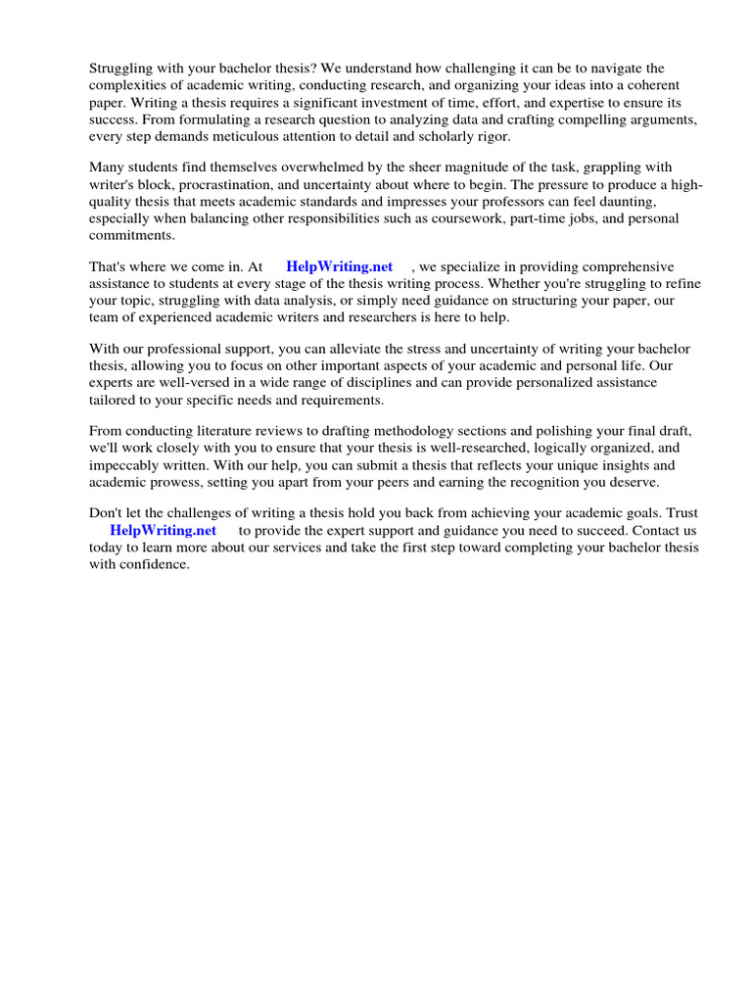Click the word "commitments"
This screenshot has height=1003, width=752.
130,235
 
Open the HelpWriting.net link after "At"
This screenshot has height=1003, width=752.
339,266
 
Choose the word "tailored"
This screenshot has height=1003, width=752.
114,400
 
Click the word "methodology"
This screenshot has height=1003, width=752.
421,431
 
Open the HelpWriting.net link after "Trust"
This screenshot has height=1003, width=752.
163,531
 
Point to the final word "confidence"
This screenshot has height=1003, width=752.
156,564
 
